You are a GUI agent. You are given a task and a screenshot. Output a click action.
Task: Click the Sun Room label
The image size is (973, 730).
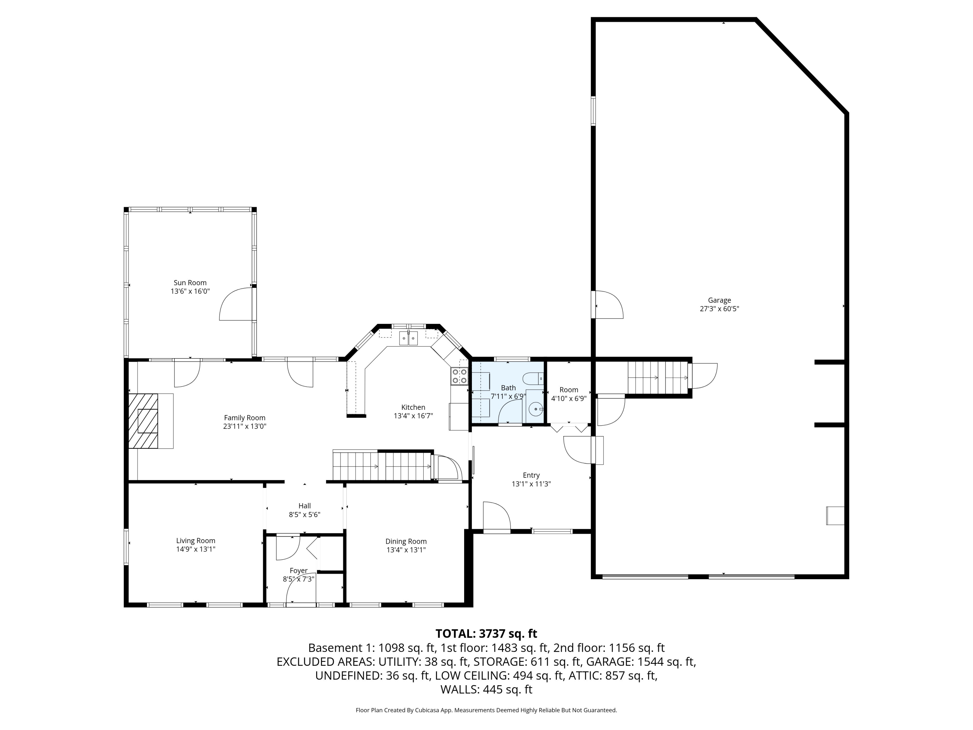(190, 283)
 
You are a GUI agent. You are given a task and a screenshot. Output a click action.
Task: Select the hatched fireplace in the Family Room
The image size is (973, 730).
(143, 421)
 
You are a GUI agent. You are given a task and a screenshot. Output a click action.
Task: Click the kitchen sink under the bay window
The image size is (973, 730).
(408, 338)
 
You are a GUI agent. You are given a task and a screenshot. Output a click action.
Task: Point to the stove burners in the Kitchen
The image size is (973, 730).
(459, 376)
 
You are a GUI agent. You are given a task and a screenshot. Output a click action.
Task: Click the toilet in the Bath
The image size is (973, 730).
(534, 378)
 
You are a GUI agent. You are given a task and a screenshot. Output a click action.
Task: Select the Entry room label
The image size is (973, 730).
(531, 475)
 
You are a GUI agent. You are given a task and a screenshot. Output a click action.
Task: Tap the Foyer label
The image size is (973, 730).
(298, 571)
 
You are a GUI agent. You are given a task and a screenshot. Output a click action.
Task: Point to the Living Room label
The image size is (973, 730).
(196, 541)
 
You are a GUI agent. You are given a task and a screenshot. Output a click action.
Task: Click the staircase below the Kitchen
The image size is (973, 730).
(382, 466)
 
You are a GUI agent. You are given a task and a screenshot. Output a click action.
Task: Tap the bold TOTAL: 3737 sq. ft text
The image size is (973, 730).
(486, 634)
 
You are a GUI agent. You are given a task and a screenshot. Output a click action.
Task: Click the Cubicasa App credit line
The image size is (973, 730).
(486, 710)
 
